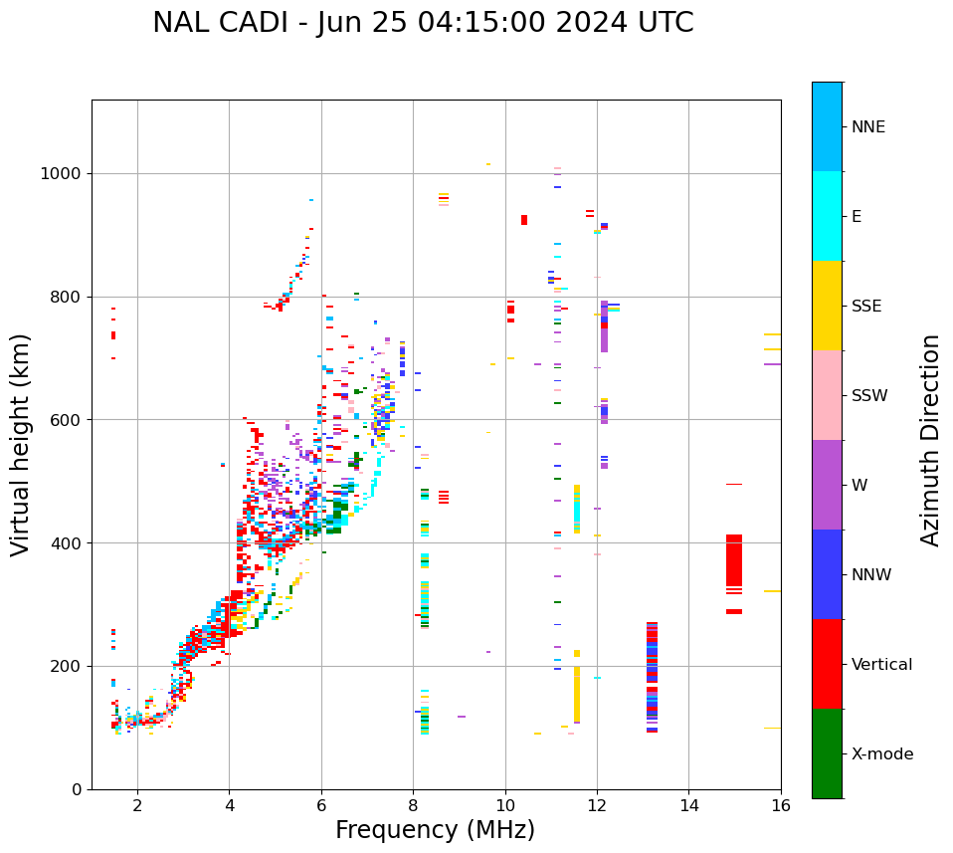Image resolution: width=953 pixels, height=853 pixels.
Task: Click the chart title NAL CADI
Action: click(423, 23)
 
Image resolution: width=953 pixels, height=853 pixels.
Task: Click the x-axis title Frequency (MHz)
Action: click(435, 830)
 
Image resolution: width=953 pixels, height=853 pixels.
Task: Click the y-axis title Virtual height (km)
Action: click(21, 444)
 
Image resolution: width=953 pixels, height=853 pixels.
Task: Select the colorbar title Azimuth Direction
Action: click(930, 440)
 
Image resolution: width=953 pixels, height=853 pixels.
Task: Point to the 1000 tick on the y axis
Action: click(66, 173)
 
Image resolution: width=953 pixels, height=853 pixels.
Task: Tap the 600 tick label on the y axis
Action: click(70, 420)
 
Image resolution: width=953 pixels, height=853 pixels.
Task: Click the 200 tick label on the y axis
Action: click(70, 666)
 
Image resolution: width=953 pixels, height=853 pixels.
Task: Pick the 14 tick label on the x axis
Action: click(688, 806)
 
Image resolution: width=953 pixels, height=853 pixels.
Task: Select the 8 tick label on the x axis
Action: click(413, 806)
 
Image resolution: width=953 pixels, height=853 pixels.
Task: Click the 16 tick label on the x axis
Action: click(780, 806)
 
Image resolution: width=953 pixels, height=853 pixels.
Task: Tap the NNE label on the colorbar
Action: click(867, 127)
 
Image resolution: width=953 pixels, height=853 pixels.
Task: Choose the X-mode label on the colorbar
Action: click(881, 754)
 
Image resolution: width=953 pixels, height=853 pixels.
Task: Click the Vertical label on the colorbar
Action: click(881, 665)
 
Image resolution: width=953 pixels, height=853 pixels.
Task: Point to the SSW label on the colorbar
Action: click(869, 396)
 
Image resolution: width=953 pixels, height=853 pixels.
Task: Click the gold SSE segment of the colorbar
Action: click(827, 306)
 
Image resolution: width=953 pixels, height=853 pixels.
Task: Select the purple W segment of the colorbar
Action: click(827, 485)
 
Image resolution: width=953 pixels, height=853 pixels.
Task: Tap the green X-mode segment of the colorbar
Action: click(827, 753)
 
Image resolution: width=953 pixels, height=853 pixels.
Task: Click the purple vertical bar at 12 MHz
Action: click(604, 325)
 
